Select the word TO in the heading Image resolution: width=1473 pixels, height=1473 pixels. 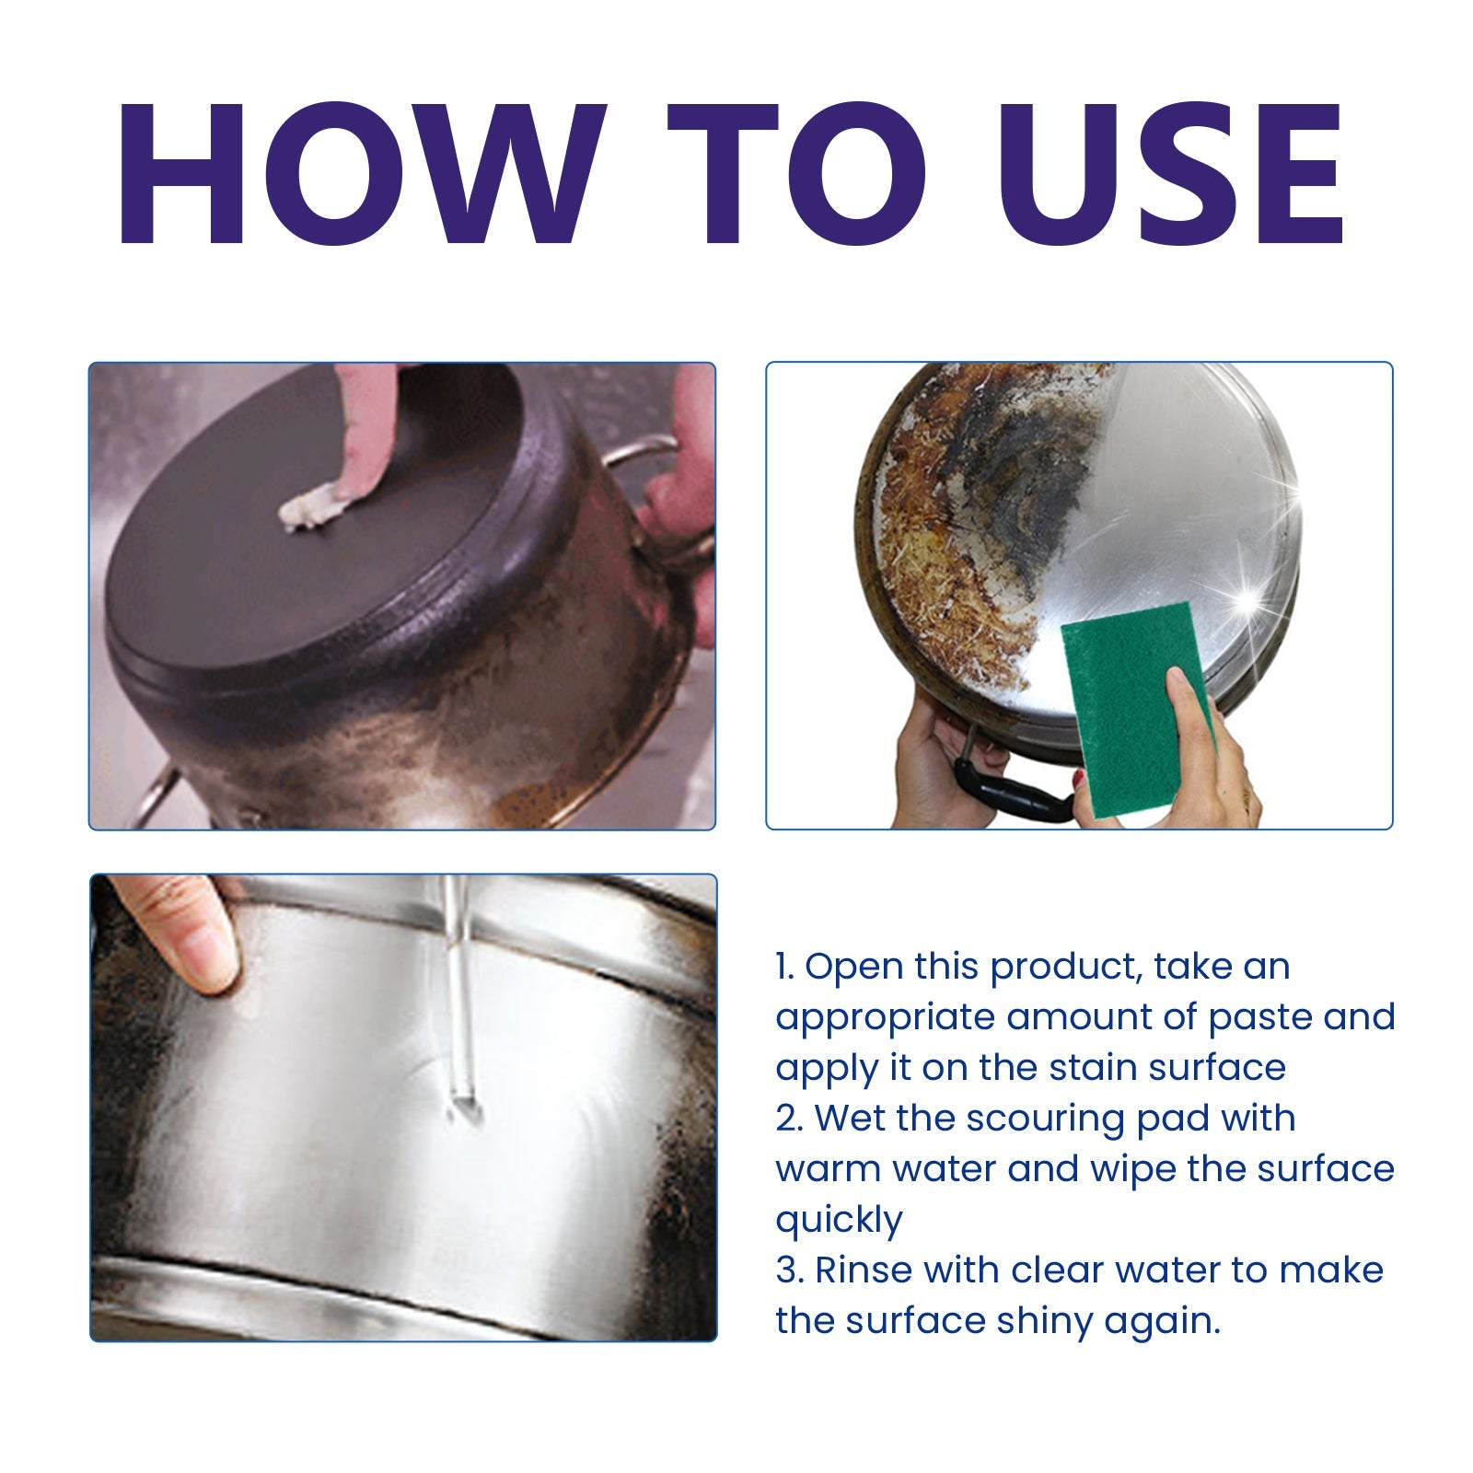[x=797, y=175]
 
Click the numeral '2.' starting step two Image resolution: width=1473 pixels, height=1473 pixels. [x=790, y=1119]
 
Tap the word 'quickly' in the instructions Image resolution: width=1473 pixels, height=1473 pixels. [x=839, y=1221]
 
